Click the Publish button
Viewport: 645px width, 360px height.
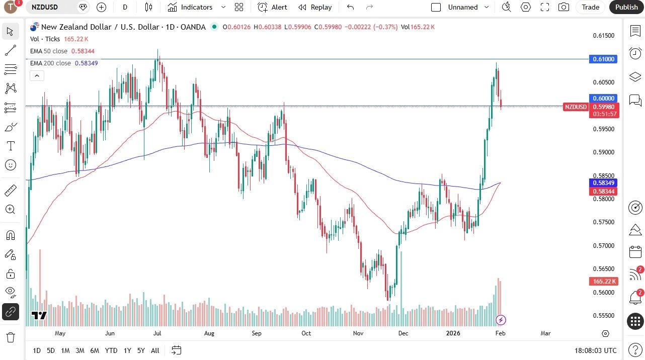pos(626,7)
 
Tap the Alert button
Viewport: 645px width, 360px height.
pos(273,7)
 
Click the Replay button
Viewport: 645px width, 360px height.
pos(315,7)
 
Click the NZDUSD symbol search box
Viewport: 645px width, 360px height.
pos(50,7)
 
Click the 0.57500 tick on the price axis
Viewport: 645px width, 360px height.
pos(604,222)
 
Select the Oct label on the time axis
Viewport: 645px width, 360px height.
pos(306,333)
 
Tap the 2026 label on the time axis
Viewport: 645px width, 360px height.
pos(453,333)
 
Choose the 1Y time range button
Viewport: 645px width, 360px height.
pos(127,350)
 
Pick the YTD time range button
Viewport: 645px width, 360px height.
pos(111,350)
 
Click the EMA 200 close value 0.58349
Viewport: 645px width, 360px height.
pos(86,63)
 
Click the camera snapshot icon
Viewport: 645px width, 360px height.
pos(564,7)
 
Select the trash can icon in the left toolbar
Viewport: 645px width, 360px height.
pos(10,337)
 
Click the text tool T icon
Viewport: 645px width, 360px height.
pos(10,146)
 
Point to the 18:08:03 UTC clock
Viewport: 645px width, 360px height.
pos(595,350)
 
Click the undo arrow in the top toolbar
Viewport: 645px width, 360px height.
pos(351,7)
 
